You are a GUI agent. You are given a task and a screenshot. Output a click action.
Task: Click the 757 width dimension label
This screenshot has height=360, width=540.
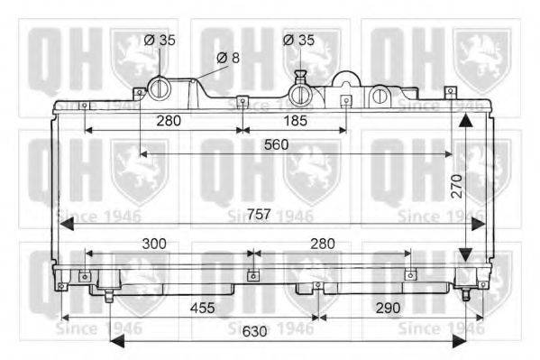coord(259,215)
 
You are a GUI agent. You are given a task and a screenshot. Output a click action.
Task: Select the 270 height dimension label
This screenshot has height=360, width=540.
coord(457,186)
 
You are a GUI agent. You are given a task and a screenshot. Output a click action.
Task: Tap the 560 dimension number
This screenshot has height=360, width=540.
coord(276,144)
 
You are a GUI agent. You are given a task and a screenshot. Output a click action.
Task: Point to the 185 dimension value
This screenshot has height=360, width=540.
coord(295,121)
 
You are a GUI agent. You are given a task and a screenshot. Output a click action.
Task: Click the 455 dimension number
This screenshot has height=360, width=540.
coord(203,308)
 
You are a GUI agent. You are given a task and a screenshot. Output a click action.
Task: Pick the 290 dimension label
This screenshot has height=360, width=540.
coord(389,308)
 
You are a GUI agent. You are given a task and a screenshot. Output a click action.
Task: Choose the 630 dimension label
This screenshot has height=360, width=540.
coord(254,331)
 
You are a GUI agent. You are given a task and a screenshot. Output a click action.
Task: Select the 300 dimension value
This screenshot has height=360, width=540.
coord(154,244)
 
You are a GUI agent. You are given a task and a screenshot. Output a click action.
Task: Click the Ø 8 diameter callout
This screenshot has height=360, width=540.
coord(228,58)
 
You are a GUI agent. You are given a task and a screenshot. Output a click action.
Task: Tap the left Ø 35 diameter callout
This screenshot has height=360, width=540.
coord(160,40)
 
